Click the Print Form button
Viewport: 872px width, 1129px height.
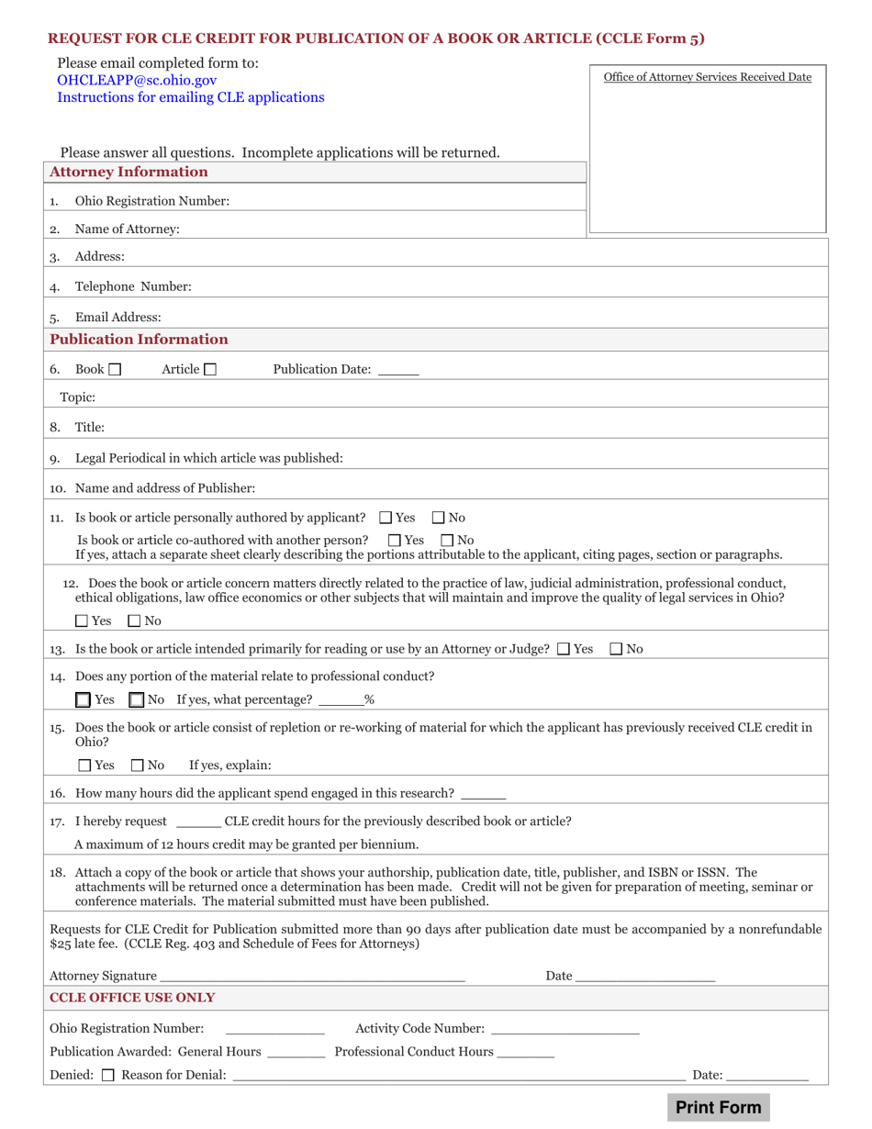click(x=718, y=1107)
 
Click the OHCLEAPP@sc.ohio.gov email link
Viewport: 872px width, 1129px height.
click(x=137, y=80)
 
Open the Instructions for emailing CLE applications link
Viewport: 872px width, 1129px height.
click(x=190, y=97)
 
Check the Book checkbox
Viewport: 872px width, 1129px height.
click(x=115, y=370)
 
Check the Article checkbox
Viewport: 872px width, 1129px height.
click(x=210, y=370)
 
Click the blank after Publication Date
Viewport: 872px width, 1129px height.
click(x=397, y=371)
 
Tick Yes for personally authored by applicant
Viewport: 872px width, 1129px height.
click(x=386, y=518)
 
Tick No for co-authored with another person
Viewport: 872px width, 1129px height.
click(x=448, y=540)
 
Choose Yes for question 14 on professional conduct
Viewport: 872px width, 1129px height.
click(x=84, y=700)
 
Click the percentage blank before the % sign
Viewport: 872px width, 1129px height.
click(x=341, y=700)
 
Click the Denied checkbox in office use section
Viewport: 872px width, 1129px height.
click(x=107, y=1075)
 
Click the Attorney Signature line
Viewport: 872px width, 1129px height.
click(x=312, y=976)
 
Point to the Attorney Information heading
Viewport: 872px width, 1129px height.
click(x=129, y=172)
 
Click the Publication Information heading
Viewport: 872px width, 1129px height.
click(x=139, y=340)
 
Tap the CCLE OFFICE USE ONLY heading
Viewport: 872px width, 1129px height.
click(x=132, y=997)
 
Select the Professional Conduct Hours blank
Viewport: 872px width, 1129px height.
click(x=525, y=1052)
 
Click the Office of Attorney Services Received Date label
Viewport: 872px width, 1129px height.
click(x=707, y=77)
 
